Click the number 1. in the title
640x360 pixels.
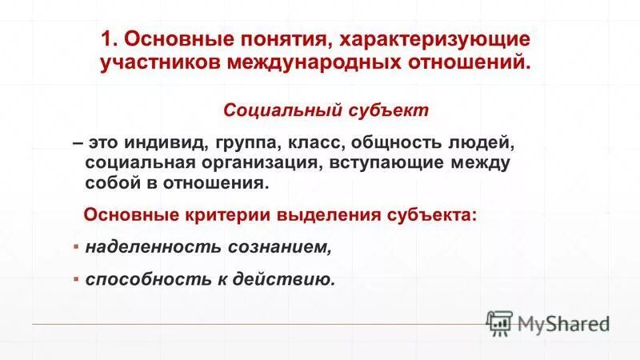coord(110,38)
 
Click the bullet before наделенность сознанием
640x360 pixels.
coord(76,246)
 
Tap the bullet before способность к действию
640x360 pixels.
coord(76,279)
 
